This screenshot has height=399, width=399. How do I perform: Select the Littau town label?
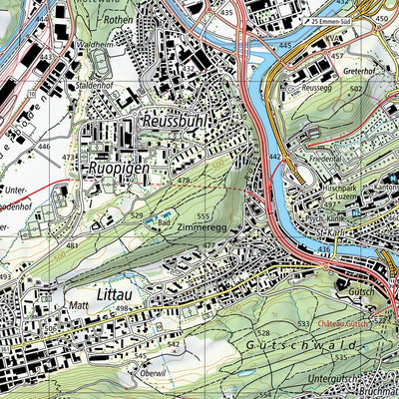pyautogui.click(x=119, y=295)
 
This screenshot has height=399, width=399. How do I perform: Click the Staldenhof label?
pyautogui.click(x=96, y=88)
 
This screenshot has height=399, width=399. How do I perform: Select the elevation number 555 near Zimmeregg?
pyautogui.click(x=203, y=216)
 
